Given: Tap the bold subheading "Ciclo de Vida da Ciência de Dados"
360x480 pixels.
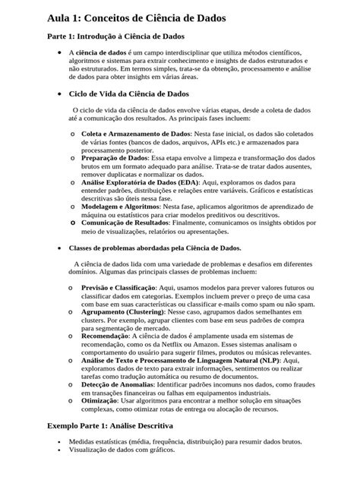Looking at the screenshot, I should point(128,94).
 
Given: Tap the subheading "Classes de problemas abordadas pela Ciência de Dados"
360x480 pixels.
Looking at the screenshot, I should point(155,248).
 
